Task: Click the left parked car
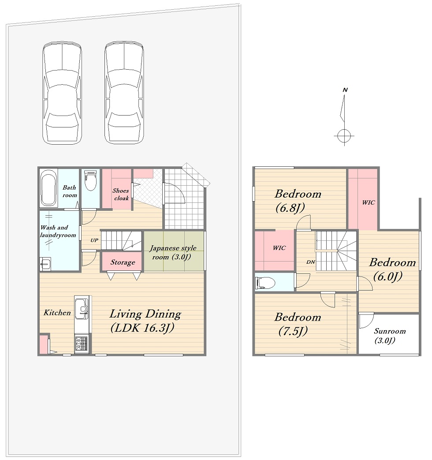62,93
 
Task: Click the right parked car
124,93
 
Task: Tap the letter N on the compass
345,90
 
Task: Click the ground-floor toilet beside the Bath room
90,181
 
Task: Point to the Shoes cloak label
121,194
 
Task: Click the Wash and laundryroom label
58,231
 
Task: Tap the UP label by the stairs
94,240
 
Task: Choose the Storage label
123,262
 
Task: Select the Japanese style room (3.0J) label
173,253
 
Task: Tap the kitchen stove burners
81,344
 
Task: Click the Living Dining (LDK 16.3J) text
145,321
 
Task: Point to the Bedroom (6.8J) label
298,201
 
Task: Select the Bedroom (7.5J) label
298,324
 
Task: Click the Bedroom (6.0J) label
392,269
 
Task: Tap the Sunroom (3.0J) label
390,336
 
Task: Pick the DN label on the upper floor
311,262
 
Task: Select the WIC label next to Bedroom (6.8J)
369,202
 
